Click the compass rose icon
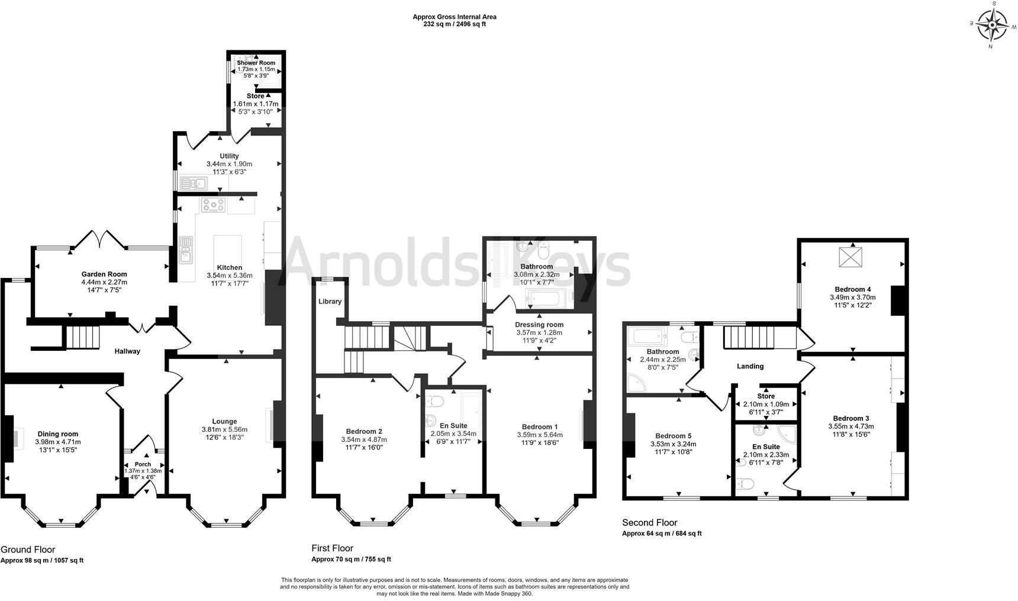point(993,26)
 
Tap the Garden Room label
point(104,274)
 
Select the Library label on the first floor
point(330,301)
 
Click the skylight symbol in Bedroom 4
point(852,258)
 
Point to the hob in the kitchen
point(213,205)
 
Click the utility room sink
point(193,183)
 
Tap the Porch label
point(143,464)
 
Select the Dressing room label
point(539,324)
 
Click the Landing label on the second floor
point(750,366)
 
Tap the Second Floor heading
point(649,522)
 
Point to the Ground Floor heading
point(28,550)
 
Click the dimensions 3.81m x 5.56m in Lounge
point(224,429)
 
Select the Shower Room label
point(256,63)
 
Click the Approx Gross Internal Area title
point(454,17)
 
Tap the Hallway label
point(127,351)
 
